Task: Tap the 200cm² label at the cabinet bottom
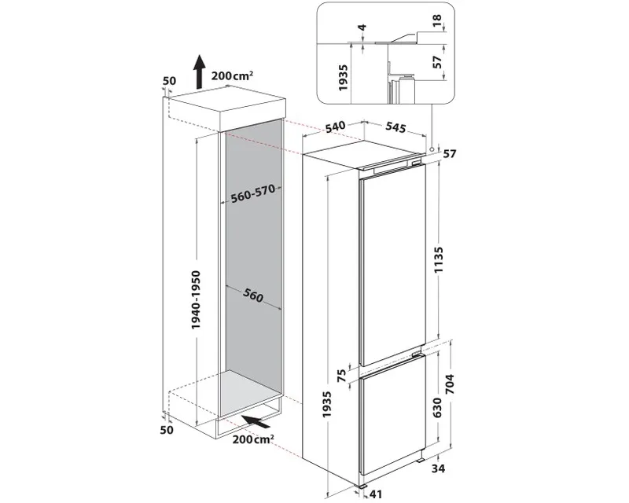pos(252,439)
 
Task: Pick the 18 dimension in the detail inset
pos(437,19)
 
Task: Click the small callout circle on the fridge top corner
pos(432,147)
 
